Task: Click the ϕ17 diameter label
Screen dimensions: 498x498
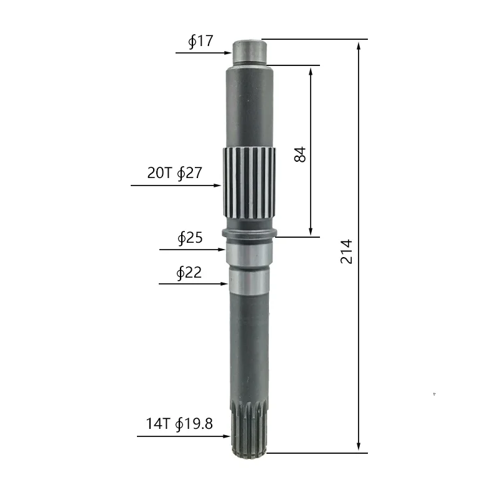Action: click(x=200, y=41)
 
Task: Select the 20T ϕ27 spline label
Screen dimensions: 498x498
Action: click(x=175, y=173)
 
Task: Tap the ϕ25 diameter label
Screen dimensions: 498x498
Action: click(x=190, y=238)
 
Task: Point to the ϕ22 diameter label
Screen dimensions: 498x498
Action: click(x=189, y=273)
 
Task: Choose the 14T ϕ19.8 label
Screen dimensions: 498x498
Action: click(x=179, y=424)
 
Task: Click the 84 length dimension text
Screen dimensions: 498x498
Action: click(x=300, y=154)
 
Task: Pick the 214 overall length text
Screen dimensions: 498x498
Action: click(x=346, y=252)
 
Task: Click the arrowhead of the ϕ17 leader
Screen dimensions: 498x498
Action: click(x=228, y=53)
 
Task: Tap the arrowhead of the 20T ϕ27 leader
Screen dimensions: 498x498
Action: click(x=217, y=186)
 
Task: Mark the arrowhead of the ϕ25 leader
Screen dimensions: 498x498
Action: click(x=222, y=250)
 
